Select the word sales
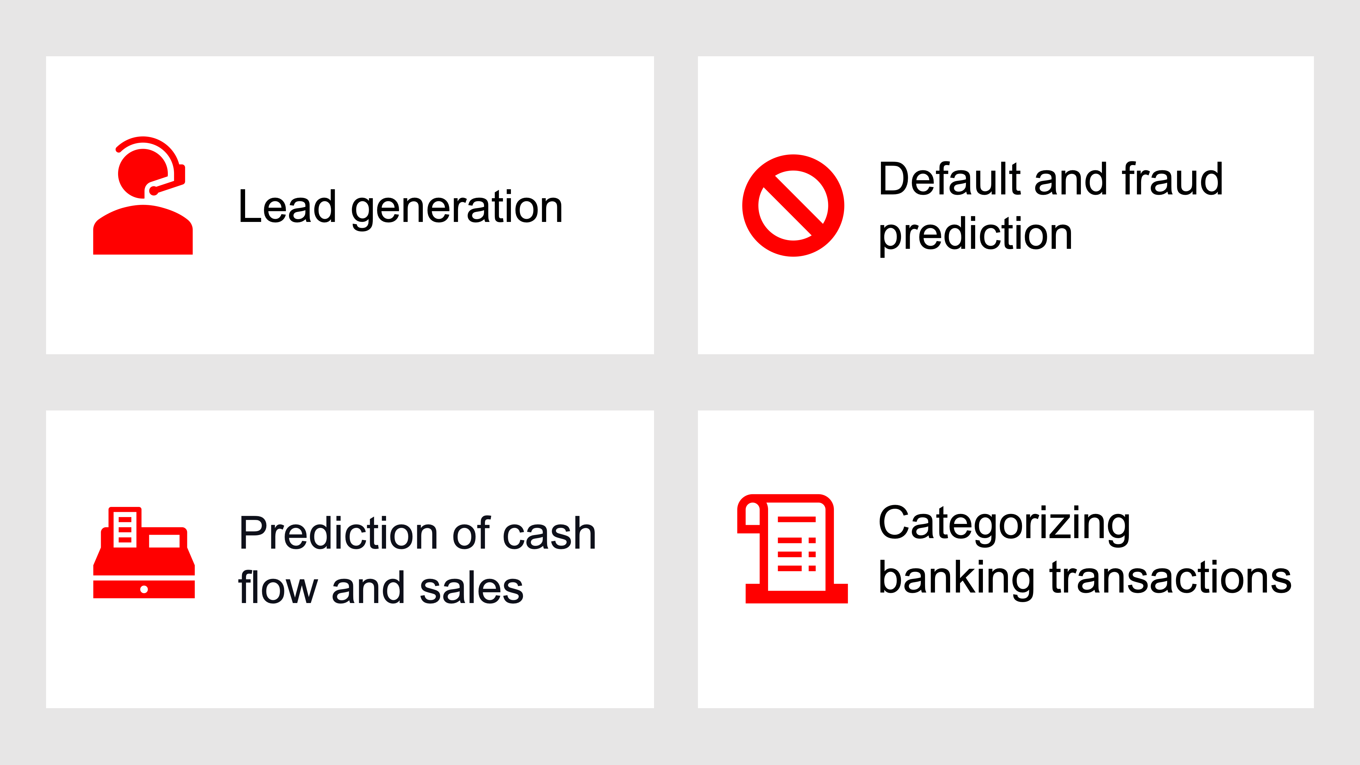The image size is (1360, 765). [471, 588]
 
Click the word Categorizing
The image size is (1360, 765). [1004, 525]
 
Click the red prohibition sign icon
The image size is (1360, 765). [793, 205]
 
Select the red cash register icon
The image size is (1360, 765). [144, 552]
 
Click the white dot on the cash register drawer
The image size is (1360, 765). [144, 589]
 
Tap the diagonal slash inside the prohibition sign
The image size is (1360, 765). [793, 205]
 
